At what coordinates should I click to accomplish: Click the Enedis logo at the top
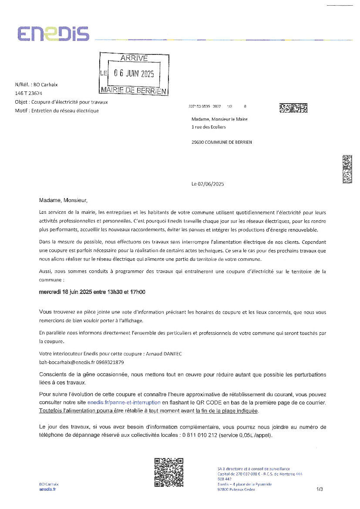click(53, 34)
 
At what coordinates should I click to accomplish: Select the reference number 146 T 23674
click(29, 93)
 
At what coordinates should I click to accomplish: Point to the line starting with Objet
click(61, 102)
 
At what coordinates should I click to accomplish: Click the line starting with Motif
click(57, 111)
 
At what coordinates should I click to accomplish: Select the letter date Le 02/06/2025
click(208, 184)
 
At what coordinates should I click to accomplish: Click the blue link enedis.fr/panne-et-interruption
click(124, 403)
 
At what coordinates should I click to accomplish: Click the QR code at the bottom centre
click(168, 472)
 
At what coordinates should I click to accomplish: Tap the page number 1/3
click(320, 489)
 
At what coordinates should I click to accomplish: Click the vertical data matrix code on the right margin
click(347, 169)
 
